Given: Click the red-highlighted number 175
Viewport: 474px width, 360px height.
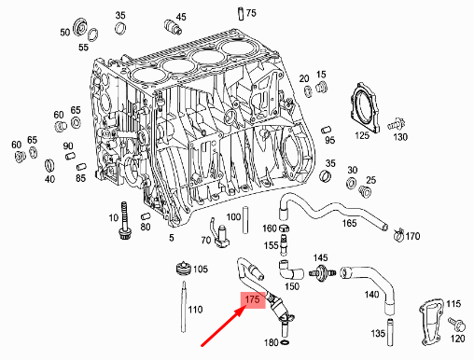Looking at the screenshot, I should tap(251, 300).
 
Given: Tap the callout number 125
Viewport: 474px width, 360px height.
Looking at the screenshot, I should tap(361, 136).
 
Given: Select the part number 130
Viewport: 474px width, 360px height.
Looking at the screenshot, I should tap(400, 137).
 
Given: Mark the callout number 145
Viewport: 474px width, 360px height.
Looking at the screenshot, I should tap(320, 258).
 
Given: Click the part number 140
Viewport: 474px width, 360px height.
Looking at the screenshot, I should tap(372, 295).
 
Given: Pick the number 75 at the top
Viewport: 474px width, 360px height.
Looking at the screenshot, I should tap(250, 12).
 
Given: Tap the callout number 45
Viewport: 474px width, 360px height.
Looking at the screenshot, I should tap(180, 17).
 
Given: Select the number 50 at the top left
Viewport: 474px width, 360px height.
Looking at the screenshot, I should tap(65, 32).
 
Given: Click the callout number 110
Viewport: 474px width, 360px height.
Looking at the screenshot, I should tap(195, 309).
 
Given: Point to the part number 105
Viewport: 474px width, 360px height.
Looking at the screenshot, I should tap(200, 270).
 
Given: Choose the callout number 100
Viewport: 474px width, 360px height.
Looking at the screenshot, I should tap(233, 216).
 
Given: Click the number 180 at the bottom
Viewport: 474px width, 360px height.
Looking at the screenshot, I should tap(271, 343).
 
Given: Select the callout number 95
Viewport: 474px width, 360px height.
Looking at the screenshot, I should tap(329, 140).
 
